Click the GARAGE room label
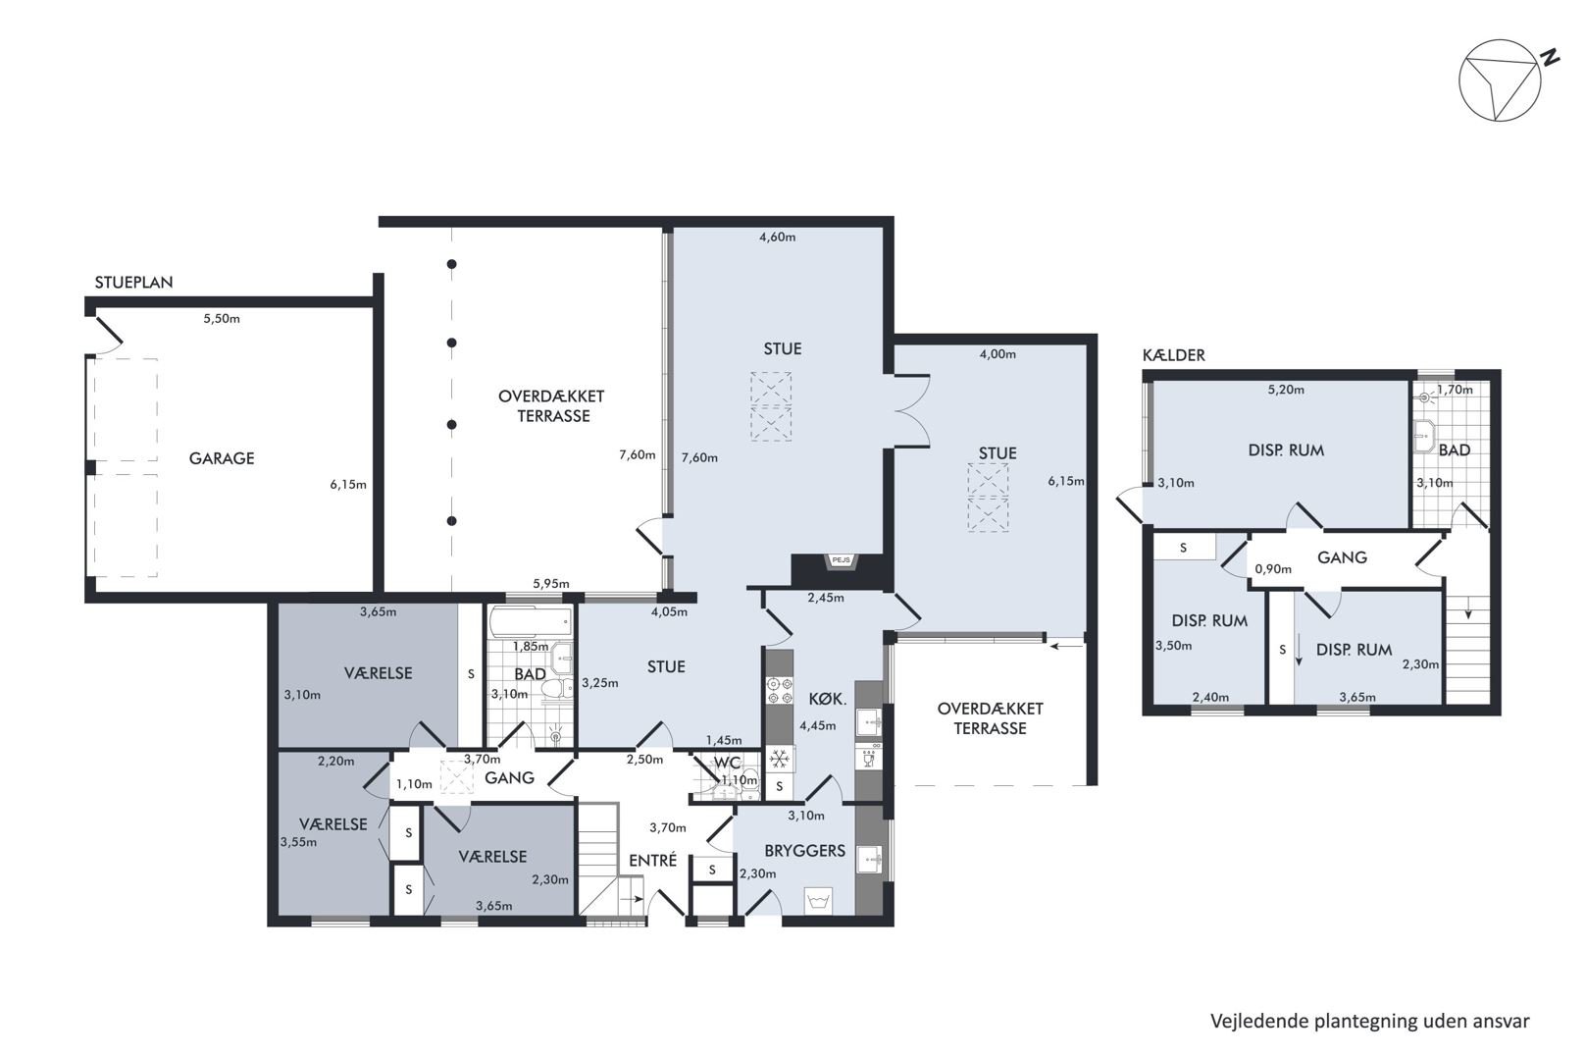pyautogui.click(x=222, y=458)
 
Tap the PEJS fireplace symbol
pyautogui.click(x=841, y=560)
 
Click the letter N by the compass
pyautogui.click(x=1546, y=57)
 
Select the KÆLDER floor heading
pyautogui.click(x=1173, y=355)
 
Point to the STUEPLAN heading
pyautogui.click(x=133, y=283)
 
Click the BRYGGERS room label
pyautogui.click(x=804, y=851)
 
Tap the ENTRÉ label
pyautogui.click(x=652, y=860)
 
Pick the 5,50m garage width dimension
pyautogui.click(x=222, y=319)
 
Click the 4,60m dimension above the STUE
pyautogui.click(x=777, y=238)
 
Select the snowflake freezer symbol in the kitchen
pyautogui.click(x=779, y=760)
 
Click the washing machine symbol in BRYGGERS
pyautogui.click(x=819, y=901)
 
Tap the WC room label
pyautogui.click(x=728, y=763)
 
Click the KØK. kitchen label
pyautogui.click(x=827, y=700)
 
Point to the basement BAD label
pyautogui.click(x=1455, y=450)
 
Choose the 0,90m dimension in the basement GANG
pyautogui.click(x=1273, y=568)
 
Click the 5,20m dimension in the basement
pyautogui.click(x=1286, y=390)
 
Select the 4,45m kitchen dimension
pyautogui.click(x=817, y=725)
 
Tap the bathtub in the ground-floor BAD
pyautogui.click(x=530, y=622)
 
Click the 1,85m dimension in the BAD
pyautogui.click(x=530, y=647)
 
